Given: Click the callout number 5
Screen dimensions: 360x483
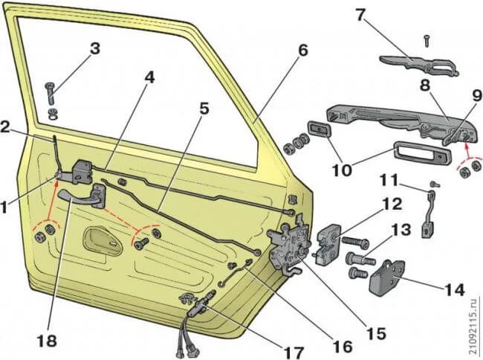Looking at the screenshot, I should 204,108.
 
